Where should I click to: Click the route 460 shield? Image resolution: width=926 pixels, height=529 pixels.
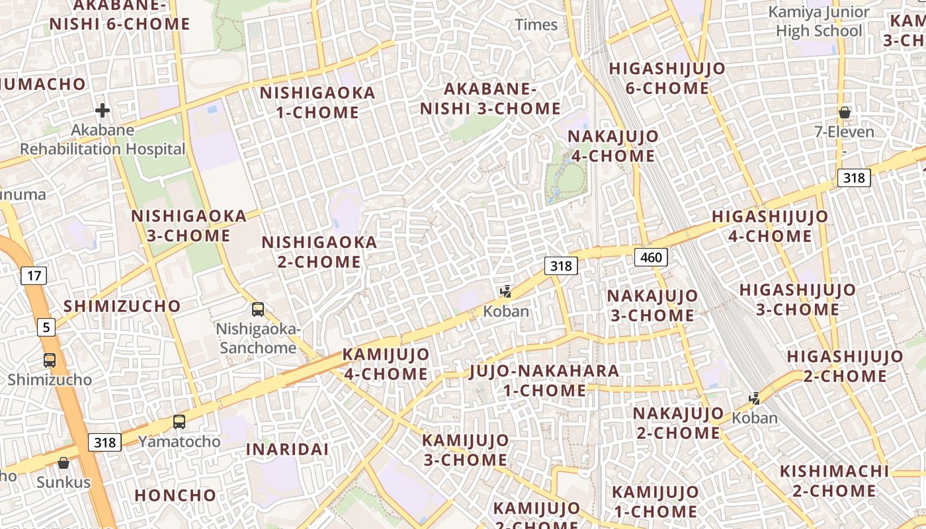[x=651, y=257]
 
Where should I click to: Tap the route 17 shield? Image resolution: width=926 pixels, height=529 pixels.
[x=33, y=275]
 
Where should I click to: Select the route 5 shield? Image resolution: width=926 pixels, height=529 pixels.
[x=46, y=327]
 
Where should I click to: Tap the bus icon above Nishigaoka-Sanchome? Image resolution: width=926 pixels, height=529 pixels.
[x=258, y=309]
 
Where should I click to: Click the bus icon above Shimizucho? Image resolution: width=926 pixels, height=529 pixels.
[x=50, y=360]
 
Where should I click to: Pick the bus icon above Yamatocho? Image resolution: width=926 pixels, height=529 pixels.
[x=179, y=422]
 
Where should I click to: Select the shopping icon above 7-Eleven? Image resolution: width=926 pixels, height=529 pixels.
[x=844, y=112]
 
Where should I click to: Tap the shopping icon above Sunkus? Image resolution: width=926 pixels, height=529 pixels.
[x=63, y=463]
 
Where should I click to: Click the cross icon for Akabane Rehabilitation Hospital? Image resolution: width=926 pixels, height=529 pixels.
[x=103, y=110]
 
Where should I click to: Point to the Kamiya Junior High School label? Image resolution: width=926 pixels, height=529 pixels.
[x=819, y=22]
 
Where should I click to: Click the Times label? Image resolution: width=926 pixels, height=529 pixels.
[x=536, y=25]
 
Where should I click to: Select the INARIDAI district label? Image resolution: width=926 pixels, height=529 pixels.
[x=287, y=449]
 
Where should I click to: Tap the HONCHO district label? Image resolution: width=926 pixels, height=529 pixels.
[x=175, y=495]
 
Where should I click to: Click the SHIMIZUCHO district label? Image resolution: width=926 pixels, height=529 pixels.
[x=122, y=306]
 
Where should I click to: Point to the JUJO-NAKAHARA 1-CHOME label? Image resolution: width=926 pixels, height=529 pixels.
[x=544, y=380]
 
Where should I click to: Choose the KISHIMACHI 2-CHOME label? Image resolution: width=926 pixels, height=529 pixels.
[x=833, y=481]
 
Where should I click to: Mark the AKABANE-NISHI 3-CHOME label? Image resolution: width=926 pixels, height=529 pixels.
[x=490, y=99]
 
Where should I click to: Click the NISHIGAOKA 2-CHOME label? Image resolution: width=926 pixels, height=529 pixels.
[x=319, y=252]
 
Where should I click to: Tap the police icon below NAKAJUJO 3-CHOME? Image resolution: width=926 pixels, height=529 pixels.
[x=754, y=399]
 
